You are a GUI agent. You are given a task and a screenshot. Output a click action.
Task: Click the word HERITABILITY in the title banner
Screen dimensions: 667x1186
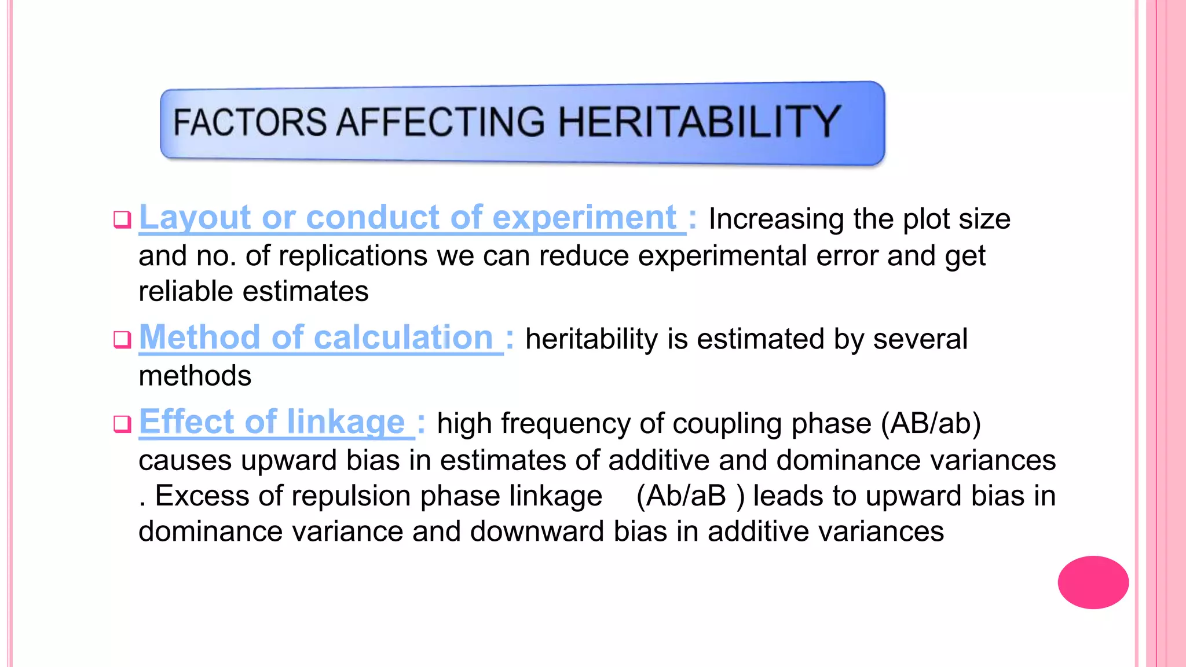(x=699, y=122)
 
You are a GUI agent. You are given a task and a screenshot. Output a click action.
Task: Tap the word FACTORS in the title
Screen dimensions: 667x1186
(x=250, y=122)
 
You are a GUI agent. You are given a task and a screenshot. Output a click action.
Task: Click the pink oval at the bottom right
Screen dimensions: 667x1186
(x=1093, y=582)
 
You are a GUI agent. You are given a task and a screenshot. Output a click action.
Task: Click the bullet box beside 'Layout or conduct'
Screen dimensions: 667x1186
(x=122, y=220)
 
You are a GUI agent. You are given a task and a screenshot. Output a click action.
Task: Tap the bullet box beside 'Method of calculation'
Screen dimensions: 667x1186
(x=122, y=339)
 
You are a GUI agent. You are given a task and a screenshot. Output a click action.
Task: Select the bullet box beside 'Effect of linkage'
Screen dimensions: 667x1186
(x=122, y=424)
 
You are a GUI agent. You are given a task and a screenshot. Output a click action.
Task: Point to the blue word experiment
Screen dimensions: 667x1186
(x=584, y=218)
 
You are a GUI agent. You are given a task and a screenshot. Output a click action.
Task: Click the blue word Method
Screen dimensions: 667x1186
(x=200, y=337)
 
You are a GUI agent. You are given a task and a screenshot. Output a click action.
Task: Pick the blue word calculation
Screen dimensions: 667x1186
(x=403, y=337)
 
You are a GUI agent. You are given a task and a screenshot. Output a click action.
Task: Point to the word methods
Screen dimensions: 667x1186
(x=195, y=376)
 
